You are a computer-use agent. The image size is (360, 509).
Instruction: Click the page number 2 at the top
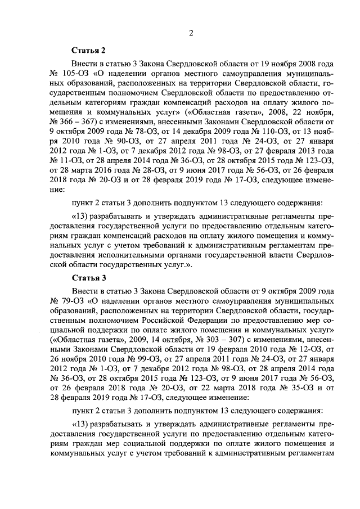tap(191, 32)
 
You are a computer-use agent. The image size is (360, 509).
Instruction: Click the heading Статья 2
tap(88, 50)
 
